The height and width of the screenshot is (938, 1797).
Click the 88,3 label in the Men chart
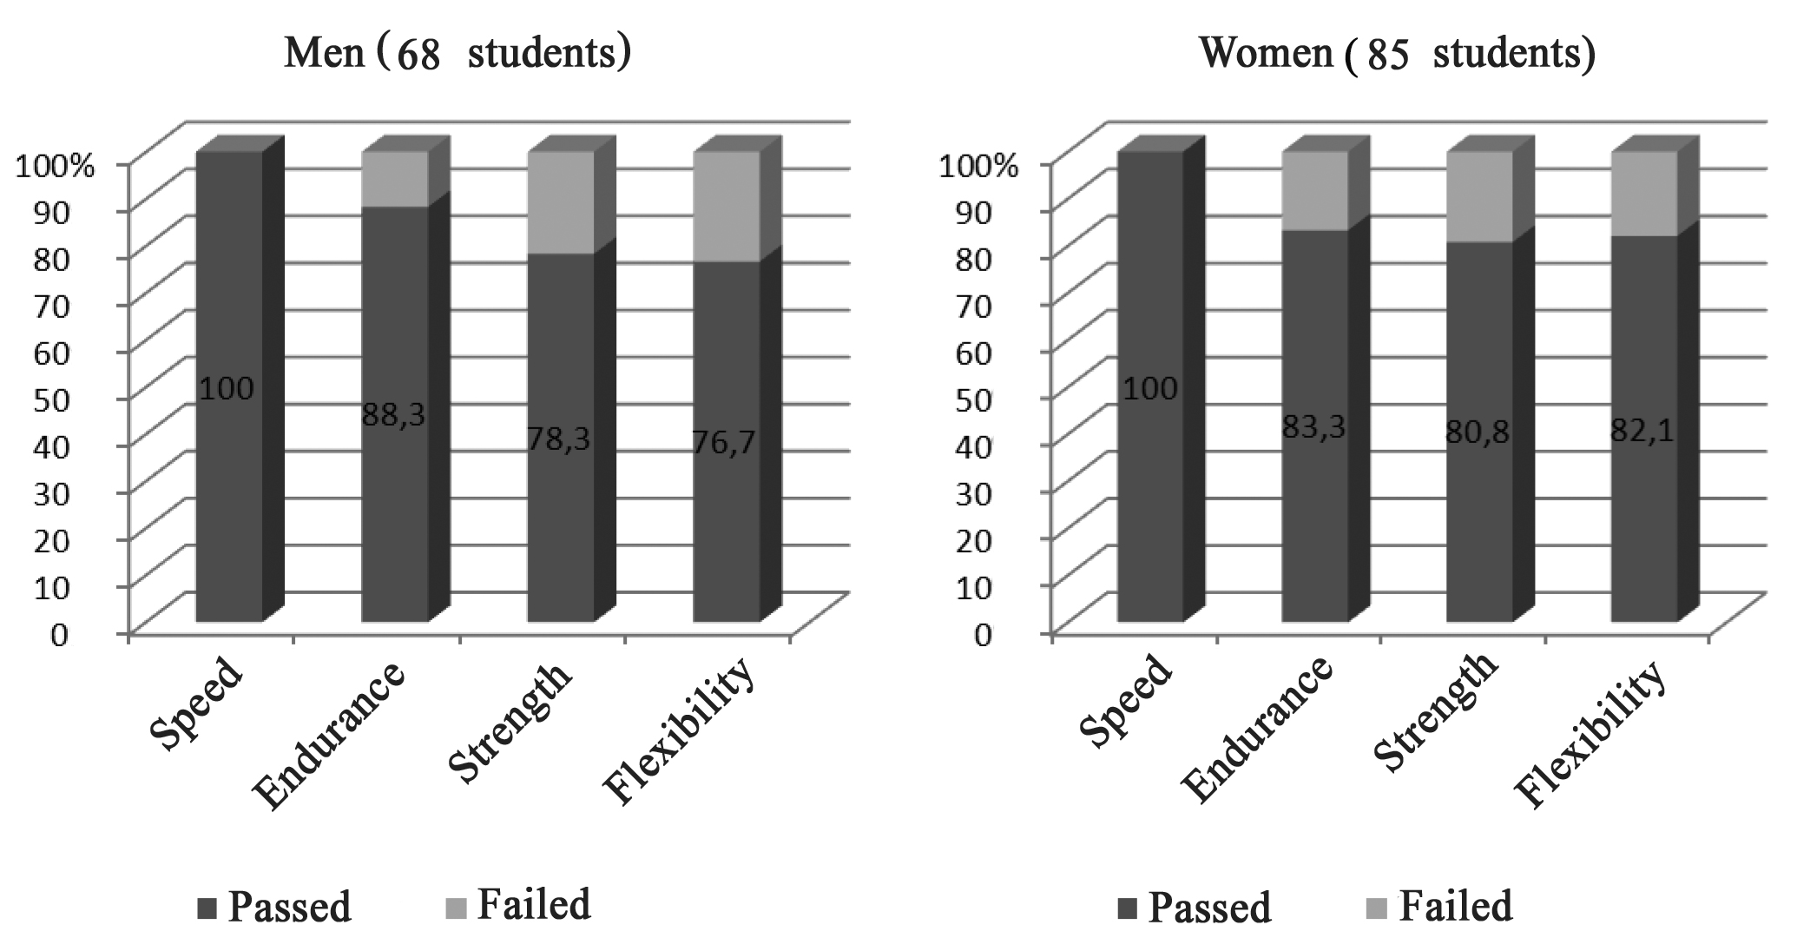pos(394,415)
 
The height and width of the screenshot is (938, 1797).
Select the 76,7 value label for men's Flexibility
pos(725,443)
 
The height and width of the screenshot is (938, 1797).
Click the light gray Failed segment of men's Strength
pos(561,202)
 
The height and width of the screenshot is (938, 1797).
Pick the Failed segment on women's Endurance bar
pos(1314,191)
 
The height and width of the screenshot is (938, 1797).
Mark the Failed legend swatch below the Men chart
pos(457,907)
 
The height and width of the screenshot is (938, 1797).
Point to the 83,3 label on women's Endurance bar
pos(1314,427)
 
